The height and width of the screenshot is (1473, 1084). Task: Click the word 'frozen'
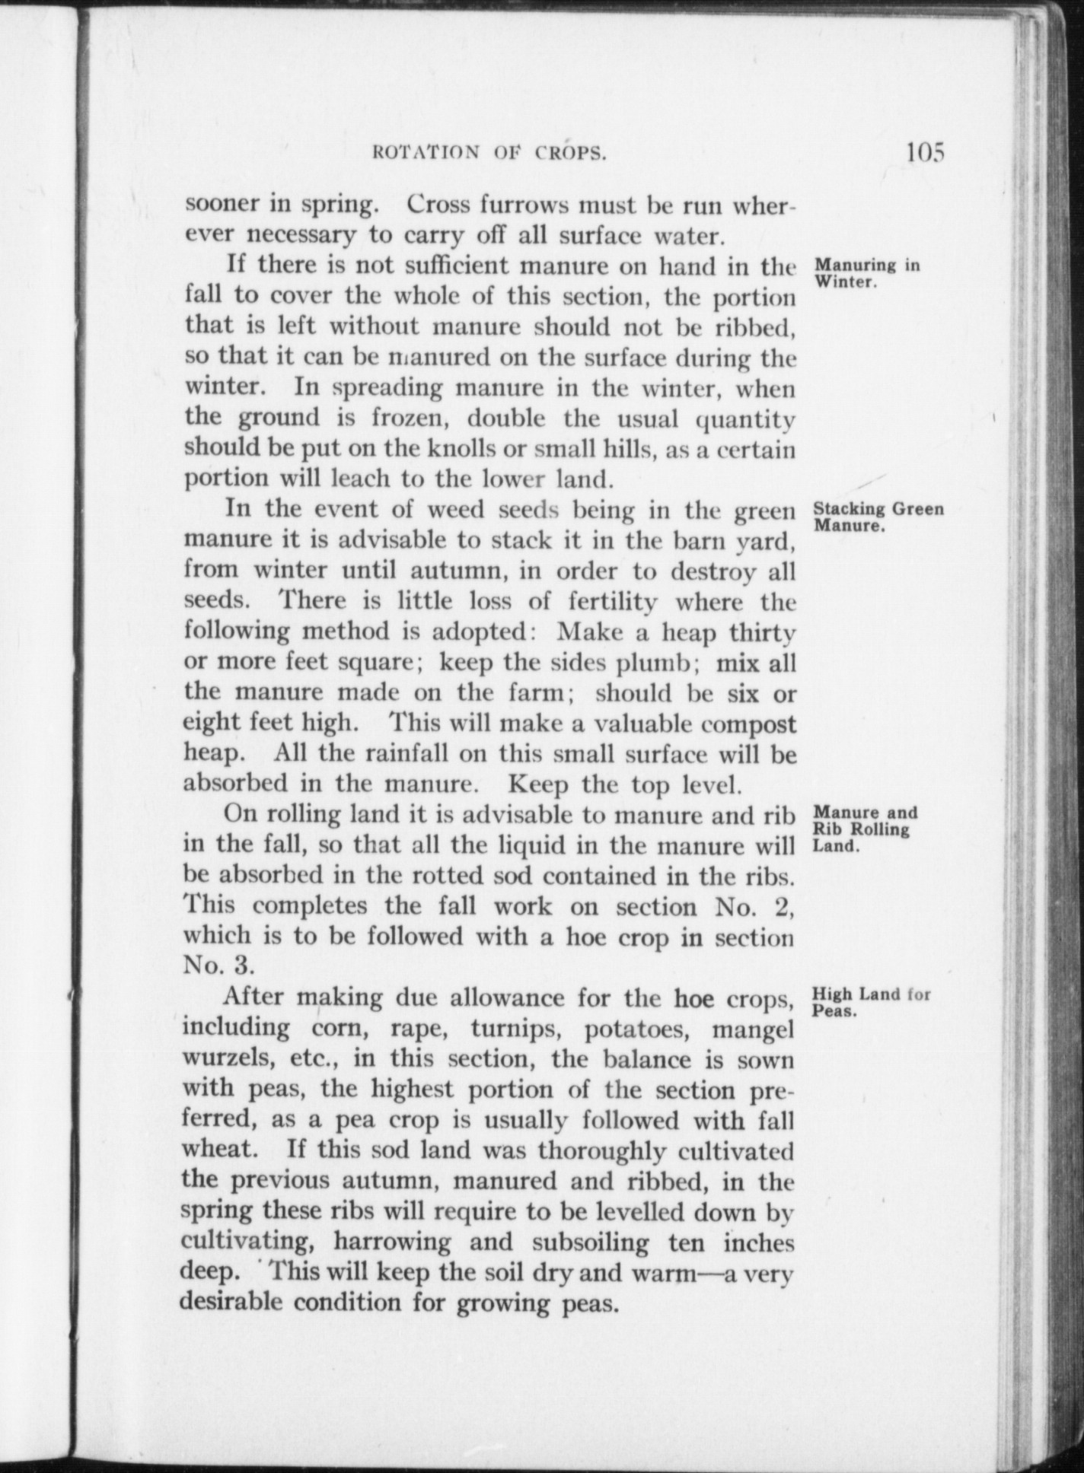pos(411,418)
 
